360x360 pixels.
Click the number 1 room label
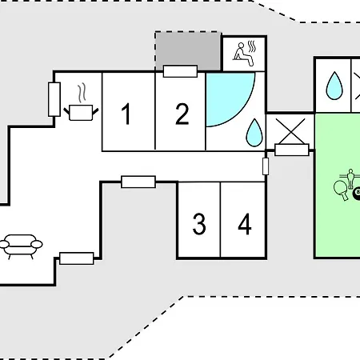click(x=126, y=114)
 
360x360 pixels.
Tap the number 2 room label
click(x=182, y=114)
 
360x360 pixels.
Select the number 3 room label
click(x=199, y=224)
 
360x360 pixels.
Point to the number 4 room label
click(x=245, y=224)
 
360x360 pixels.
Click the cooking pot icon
click(x=81, y=113)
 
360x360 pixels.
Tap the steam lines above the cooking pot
click(x=82, y=93)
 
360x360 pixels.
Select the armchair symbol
click(x=21, y=246)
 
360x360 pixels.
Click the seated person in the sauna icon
click(x=242, y=54)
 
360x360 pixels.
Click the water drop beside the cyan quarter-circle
click(x=254, y=133)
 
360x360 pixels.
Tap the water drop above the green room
click(x=334, y=86)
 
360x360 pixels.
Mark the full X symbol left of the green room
click(x=290, y=131)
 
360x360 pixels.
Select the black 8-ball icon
click(x=357, y=193)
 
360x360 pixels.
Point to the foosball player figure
click(x=350, y=178)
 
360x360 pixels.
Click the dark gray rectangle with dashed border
click(x=188, y=51)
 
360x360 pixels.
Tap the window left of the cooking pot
click(x=54, y=99)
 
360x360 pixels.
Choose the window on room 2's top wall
click(x=180, y=71)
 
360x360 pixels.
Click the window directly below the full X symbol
click(x=292, y=150)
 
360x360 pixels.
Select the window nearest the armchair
click(x=77, y=258)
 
